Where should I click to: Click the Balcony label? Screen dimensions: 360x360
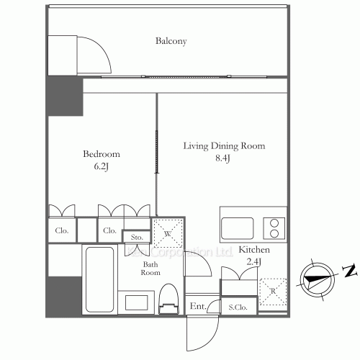click(x=171, y=41)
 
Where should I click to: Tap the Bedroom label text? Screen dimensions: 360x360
click(x=101, y=154)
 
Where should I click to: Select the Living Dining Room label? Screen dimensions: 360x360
click(x=223, y=146)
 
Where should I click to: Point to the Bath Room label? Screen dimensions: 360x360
click(x=150, y=269)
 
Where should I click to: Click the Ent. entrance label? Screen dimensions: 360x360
click(x=197, y=307)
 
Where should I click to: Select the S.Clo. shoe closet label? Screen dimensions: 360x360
click(x=238, y=307)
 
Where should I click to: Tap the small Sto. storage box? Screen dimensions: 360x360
click(x=137, y=236)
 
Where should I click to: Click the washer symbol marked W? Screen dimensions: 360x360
click(x=167, y=233)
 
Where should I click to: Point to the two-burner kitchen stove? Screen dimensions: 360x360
click(x=274, y=228)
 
